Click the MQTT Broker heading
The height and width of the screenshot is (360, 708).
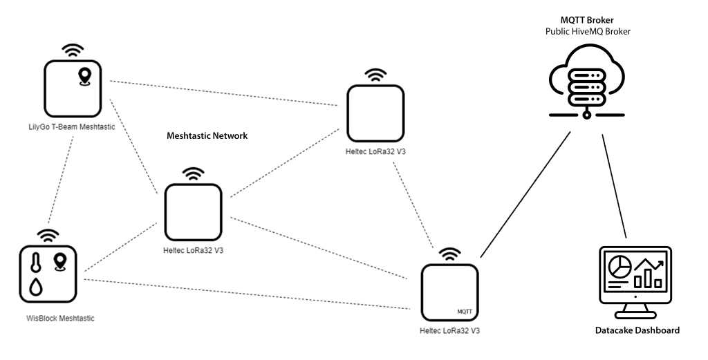tap(587, 20)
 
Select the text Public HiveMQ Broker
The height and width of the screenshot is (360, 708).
tap(587, 32)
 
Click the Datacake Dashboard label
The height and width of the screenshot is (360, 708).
tap(637, 330)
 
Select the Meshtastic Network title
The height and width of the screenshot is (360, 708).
tap(207, 136)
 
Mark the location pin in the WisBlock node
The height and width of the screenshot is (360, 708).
tap(60, 262)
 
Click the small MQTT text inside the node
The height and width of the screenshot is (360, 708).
tap(465, 312)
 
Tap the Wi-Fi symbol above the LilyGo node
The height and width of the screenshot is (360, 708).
tap(73, 50)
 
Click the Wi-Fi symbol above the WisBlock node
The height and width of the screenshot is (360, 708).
tap(48, 234)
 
